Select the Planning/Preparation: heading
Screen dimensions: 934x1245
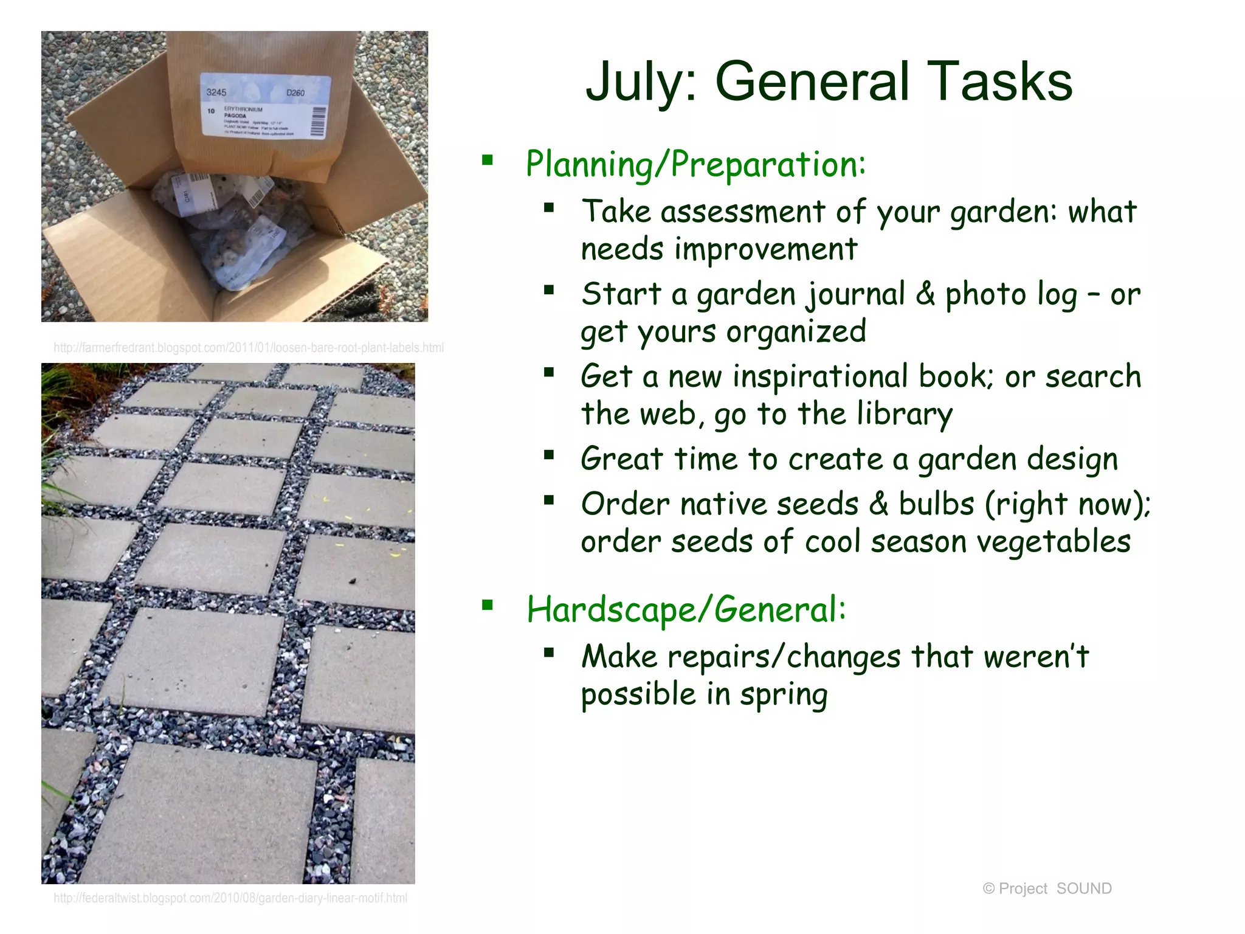click(695, 164)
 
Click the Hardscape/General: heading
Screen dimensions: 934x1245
click(686, 609)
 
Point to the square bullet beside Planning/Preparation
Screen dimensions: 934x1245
click(487, 161)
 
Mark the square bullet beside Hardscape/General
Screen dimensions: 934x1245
click(487, 605)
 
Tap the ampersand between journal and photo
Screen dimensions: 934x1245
click(925, 294)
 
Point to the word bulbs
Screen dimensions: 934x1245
click(936, 504)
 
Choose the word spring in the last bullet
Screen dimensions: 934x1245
click(784, 695)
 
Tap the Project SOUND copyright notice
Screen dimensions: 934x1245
click(1047, 888)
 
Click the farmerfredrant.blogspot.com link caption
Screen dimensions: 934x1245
click(249, 348)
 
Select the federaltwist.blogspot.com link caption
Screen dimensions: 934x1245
click(230, 898)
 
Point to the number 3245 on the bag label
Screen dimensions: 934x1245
click(216, 92)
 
